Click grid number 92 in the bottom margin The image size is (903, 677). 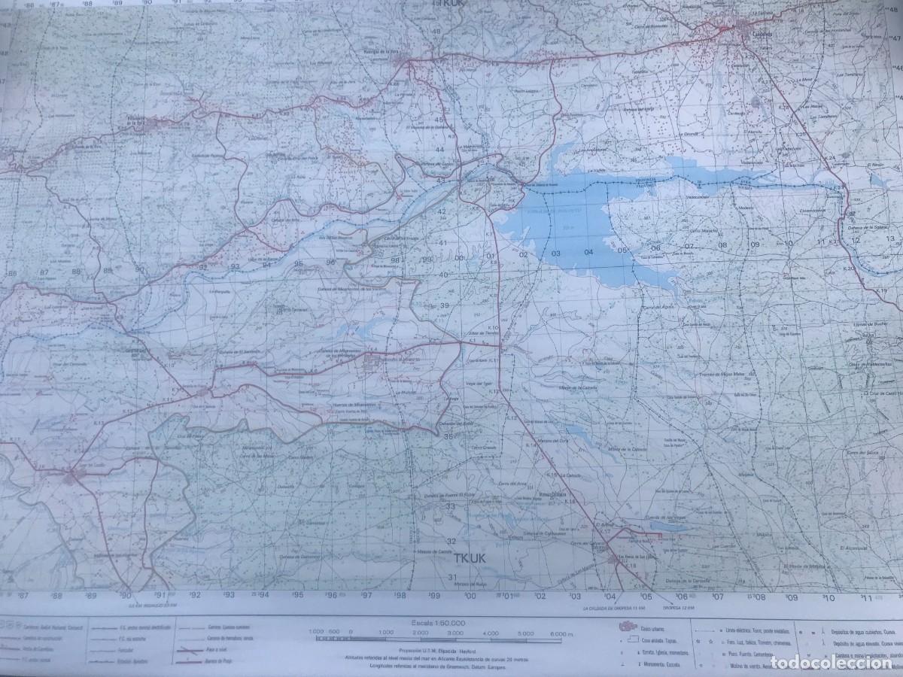195,594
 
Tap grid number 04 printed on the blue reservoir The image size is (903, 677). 588,253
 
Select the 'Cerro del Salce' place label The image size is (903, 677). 859,452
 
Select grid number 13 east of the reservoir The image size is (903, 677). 889,238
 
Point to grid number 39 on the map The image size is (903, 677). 445,305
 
